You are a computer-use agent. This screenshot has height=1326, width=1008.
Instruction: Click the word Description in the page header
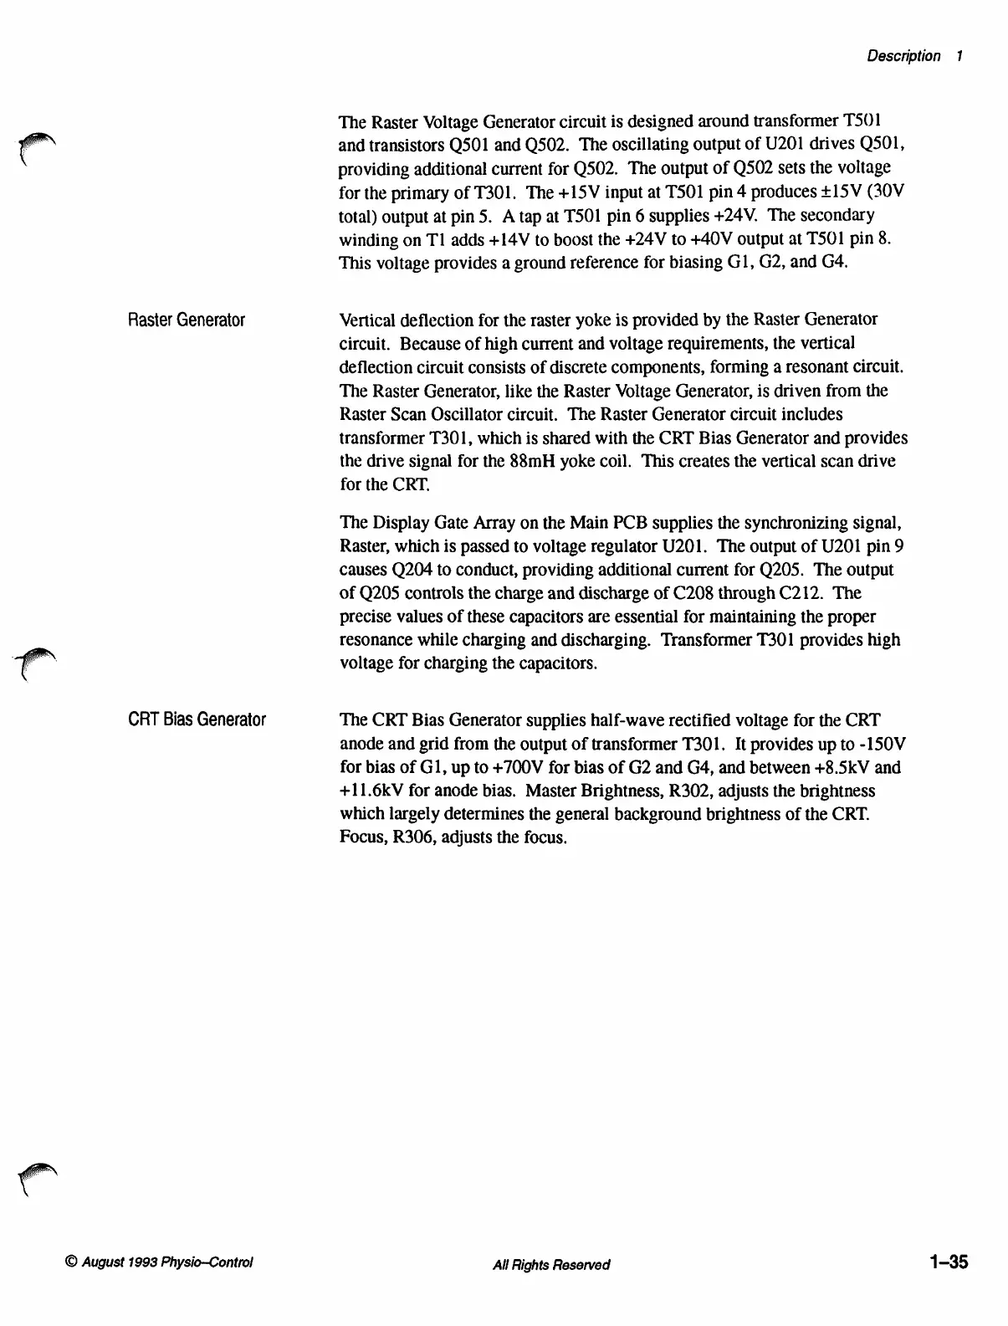tap(903, 56)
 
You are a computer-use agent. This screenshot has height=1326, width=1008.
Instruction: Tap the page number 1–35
tap(947, 1262)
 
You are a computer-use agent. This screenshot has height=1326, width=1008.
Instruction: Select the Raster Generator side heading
tap(187, 320)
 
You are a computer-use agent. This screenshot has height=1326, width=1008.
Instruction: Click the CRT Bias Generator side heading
tap(197, 719)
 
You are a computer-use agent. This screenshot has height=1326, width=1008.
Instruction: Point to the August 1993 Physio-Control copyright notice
tap(158, 1263)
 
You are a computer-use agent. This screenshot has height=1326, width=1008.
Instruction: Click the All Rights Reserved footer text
tap(551, 1264)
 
